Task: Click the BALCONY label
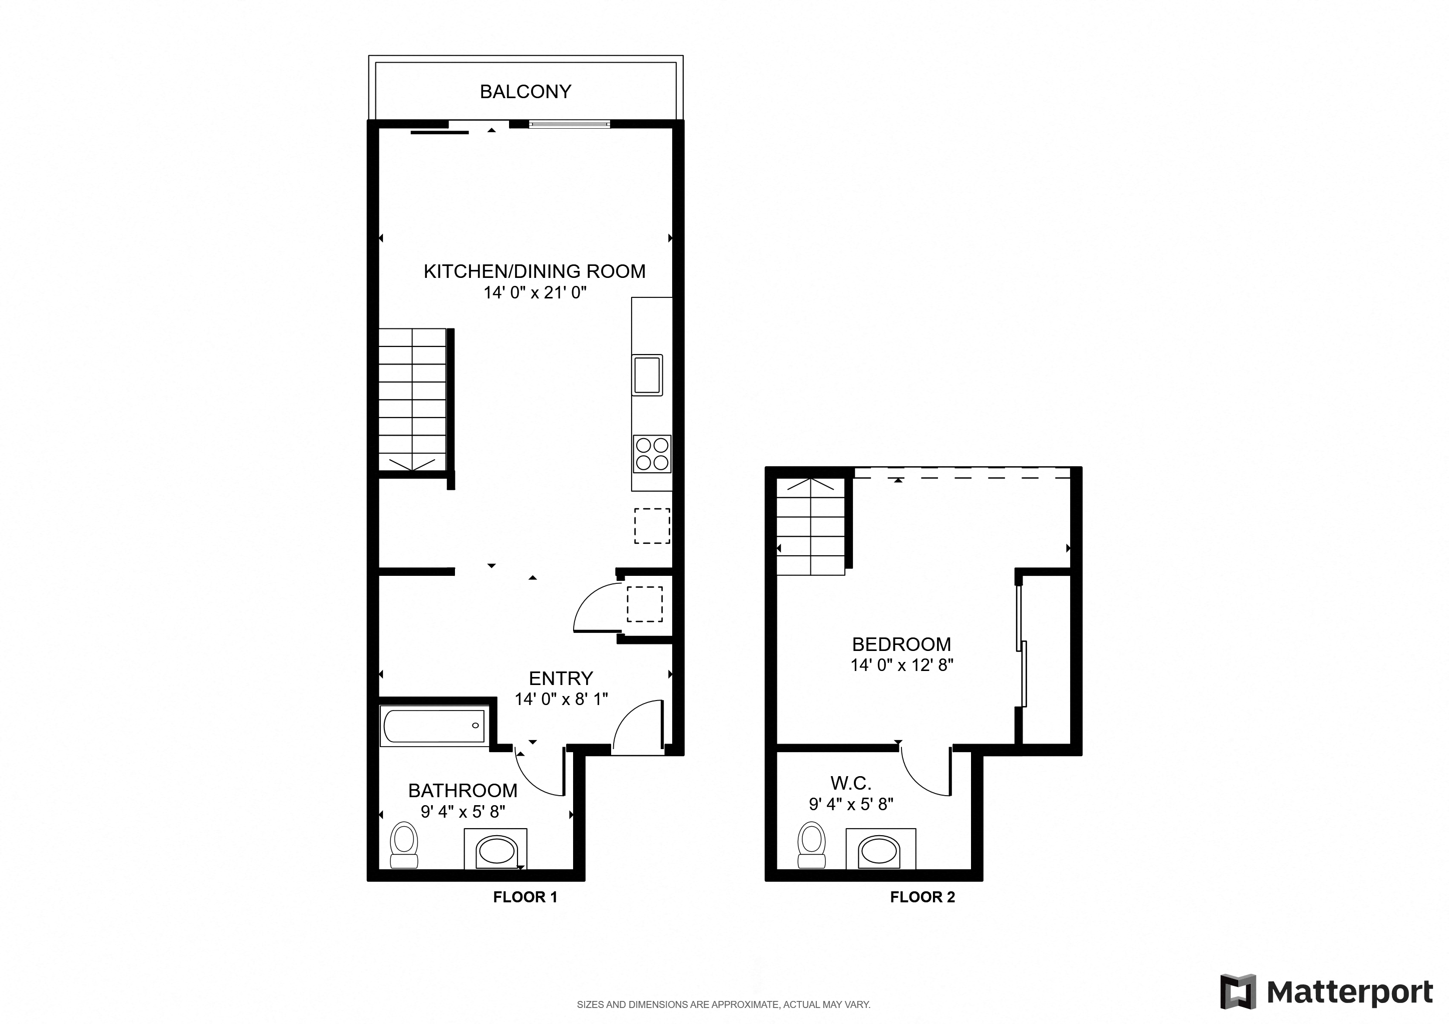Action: pos(525,92)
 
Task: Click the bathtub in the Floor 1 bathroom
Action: pos(434,726)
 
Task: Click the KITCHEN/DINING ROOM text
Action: pos(534,271)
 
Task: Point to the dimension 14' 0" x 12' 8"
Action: pos(901,665)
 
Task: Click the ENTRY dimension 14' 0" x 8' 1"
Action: pos(561,699)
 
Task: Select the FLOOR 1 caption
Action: pos(525,897)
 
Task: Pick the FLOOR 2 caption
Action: pos(922,897)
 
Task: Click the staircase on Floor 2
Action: pos(810,527)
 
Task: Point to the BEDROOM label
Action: pos(901,644)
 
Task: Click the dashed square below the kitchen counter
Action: pos(652,526)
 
